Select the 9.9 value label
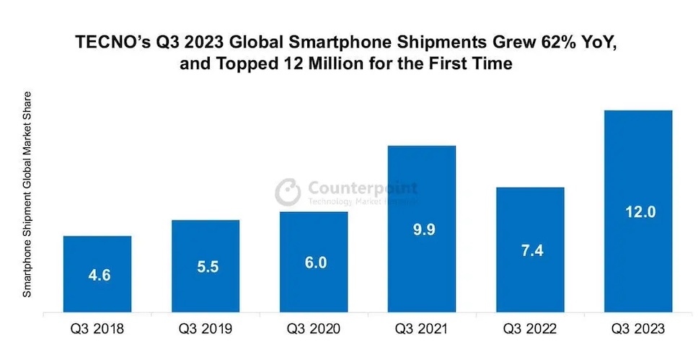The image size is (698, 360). [x=422, y=231]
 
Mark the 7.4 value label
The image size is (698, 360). [x=530, y=252]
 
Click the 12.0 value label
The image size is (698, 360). [x=638, y=214]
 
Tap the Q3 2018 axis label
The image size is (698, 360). [x=97, y=330]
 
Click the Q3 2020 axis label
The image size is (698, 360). [x=314, y=330]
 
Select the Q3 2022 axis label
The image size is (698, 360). [x=530, y=330]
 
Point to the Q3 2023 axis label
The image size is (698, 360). [x=638, y=330]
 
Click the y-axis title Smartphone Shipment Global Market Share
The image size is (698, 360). [x=27, y=195]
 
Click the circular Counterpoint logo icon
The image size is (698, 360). [x=288, y=191]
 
